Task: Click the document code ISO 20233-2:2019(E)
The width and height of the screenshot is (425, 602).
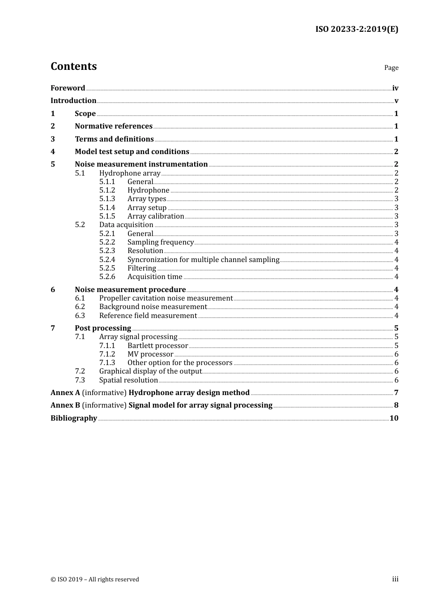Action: [357, 30]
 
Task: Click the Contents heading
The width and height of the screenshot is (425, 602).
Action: [73, 66]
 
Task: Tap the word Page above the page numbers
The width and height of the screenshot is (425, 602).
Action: [391, 68]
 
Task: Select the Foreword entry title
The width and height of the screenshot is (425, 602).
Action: [68, 88]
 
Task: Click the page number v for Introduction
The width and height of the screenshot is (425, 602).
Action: [396, 101]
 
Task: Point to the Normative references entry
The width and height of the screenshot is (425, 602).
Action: [114, 126]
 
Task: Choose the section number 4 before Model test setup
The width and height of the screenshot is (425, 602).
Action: [53, 152]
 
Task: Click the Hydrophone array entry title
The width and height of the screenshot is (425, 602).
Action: [130, 173]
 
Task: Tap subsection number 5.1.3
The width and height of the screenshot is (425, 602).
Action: [107, 199]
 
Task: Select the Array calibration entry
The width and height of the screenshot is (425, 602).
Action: [156, 216]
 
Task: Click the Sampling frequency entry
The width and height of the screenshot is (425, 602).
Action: [160, 242]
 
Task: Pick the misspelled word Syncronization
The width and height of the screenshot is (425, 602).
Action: [152, 260]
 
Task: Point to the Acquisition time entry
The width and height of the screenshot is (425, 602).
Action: [155, 277]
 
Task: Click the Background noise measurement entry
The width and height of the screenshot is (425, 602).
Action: [153, 307]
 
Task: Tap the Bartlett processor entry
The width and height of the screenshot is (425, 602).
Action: [157, 346]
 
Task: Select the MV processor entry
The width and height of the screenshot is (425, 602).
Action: [150, 354]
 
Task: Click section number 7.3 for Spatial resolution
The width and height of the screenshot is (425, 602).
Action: [80, 380]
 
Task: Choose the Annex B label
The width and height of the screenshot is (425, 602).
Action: [65, 405]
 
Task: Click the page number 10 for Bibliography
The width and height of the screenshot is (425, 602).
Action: [394, 418]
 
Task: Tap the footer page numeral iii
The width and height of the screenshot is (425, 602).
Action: [395, 579]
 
